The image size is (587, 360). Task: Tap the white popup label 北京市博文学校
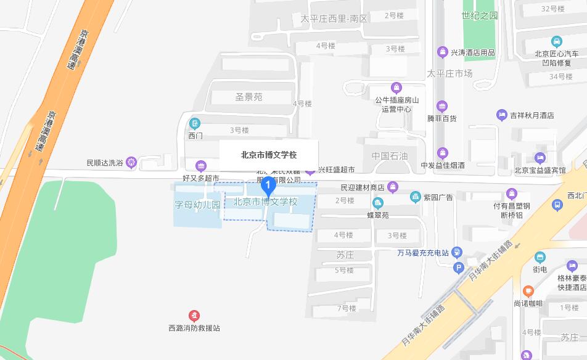click(269, 155)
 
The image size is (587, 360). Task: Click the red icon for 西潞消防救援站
click(194, 316)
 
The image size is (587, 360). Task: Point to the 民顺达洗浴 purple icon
click(131, 163)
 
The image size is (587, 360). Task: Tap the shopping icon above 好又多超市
click(200, 166)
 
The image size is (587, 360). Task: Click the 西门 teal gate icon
click(195, 123)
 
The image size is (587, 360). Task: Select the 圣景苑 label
click(248, 97)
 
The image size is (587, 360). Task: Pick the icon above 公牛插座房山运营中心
click(396, 88)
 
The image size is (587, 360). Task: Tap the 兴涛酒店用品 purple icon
click(442, 52)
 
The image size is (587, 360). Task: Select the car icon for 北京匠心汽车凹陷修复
click(557, 41)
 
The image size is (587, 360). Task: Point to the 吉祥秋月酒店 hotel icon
click(502, 115)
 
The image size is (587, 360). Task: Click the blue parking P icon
click(458, 268)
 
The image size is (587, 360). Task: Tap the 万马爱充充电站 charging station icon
click(457, 252)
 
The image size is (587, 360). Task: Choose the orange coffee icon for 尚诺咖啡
click(528, 291)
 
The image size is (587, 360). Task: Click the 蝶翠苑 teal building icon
click(377, 203)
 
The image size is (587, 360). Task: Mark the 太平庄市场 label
click(450, 74)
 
